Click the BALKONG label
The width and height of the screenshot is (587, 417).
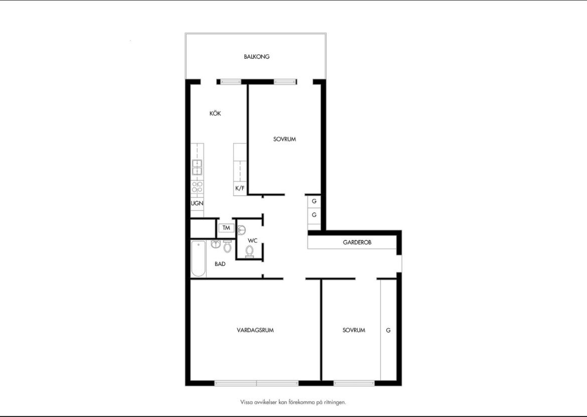[x=256, y=57]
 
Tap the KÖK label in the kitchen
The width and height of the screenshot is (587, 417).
[x=215, y=113]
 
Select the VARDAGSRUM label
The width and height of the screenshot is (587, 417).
[x=255, y=331]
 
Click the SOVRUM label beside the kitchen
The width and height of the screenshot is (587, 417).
[x=284, y=139]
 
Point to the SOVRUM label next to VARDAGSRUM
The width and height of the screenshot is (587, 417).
[x=354, y=331]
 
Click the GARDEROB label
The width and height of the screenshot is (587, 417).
[x=357, y=243]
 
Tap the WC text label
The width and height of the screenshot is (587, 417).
[x=252, y=241]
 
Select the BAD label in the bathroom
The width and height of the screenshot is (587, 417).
[x=220, y=264]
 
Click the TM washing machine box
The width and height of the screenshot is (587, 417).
[x=226, y=228]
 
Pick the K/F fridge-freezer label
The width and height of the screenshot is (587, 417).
[x=240, y=188]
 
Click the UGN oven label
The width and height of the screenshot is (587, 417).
[x=197, y=203]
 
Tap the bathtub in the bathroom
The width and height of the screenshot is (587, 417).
[x=198, y=259]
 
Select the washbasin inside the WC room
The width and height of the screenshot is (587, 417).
[x=241, y=229]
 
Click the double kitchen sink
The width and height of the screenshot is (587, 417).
[x=197, y=168]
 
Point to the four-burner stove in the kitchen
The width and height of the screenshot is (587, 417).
[x=197, y=187]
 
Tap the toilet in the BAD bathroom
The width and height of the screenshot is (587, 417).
[x=227, y=246]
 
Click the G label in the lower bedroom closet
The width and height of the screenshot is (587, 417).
[x=388, y=331]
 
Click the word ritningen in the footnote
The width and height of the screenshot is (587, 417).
[x=335, y=402]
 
